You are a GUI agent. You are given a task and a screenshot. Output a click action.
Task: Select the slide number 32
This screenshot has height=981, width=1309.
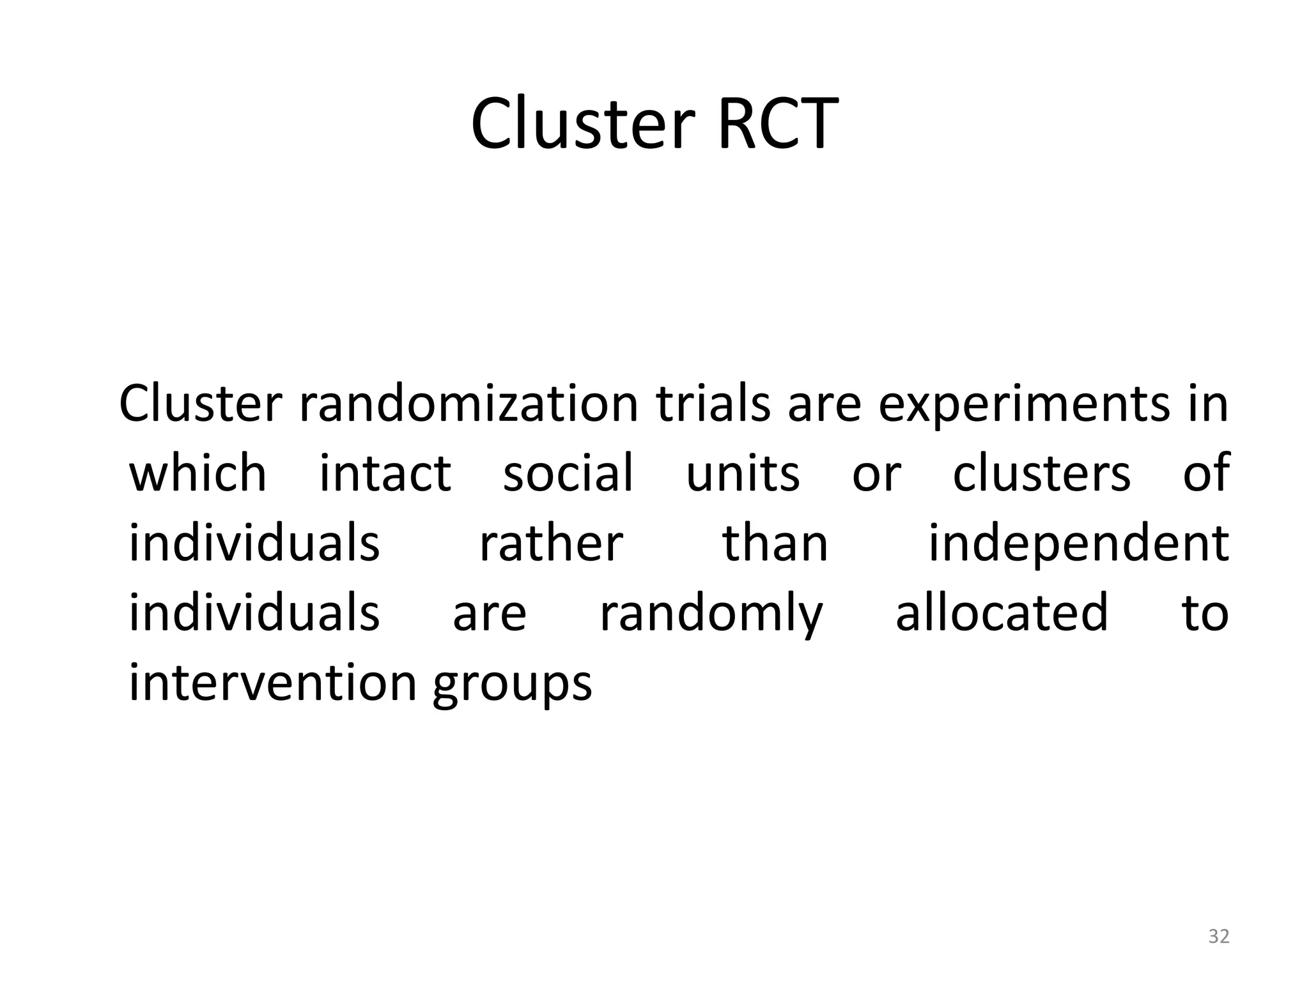(x=1219, y=936)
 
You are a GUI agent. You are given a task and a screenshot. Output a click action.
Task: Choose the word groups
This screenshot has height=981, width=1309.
(x=512, y=687)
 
